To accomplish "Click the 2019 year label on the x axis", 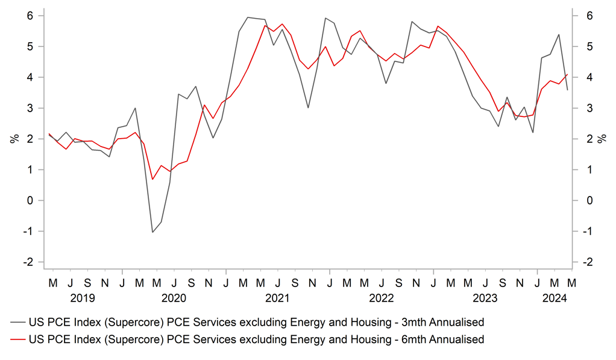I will pos(83,297).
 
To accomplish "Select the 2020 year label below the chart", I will pos(174,297).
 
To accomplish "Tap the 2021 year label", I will pos(278,297).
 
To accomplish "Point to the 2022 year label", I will pos(382,297).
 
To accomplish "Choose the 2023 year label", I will pos(485,297).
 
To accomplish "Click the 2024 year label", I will pos(553,297).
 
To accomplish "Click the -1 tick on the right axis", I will pos(585,232).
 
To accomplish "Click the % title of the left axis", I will pos(14,139).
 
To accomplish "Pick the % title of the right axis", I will pos(602,139).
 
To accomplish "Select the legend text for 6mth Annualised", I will pos(256,339).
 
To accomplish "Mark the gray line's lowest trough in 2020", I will pos(152,232).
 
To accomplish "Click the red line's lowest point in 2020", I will pos(152,179).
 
